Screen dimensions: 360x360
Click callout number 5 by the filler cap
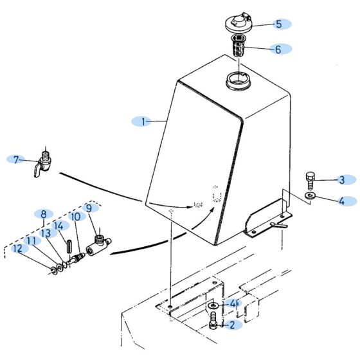(279, 24)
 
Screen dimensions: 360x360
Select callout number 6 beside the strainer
(278, 49)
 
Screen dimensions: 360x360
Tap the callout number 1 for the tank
(143, 122)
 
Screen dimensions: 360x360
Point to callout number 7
(16, 160)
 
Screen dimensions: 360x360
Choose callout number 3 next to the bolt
(342, 180)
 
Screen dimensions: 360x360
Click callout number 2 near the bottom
(232, 325)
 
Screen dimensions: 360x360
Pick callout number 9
(89, 208)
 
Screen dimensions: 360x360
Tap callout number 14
(59, 226)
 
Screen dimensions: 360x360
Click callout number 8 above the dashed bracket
(44, 214)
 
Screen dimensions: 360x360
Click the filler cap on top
(238, 22)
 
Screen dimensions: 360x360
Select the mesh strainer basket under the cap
(239, 46)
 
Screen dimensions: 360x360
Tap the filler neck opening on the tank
(238, 81)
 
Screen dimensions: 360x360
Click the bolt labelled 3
(310, 181)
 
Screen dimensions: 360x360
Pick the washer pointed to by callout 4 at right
(310, 196)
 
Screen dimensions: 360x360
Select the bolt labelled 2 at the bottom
(213, 320)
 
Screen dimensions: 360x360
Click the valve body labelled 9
(98, 245)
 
